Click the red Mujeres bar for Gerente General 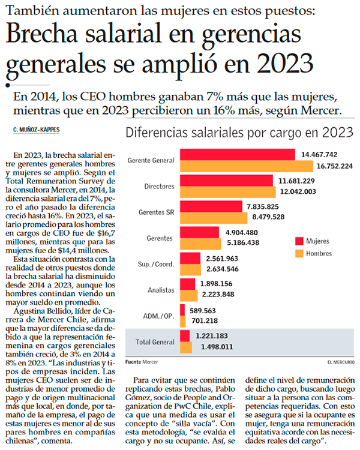[x=238, y=154]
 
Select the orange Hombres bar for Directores [x=228, y=192]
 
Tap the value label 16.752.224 [x=334, y=166]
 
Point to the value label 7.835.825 [x=263, y=206]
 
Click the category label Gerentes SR [x=156, y=212]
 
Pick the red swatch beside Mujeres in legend [x=299, y=241]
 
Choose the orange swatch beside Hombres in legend [x=299, y=253]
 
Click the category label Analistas [x=161, y=290]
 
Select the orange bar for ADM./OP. [x=183, y=322]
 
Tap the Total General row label [x=155, y=342]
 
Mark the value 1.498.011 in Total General [x=217, y=347]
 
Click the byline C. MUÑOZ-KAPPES [x=37, y=130]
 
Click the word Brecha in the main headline [x=42, y=34]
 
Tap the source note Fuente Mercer [x=142, y=362]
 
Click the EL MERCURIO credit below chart [x=341, y=362]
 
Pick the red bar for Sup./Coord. [x=190, y=258]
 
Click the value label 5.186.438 [x=243, y=243]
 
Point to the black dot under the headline [x=8, y=85]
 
